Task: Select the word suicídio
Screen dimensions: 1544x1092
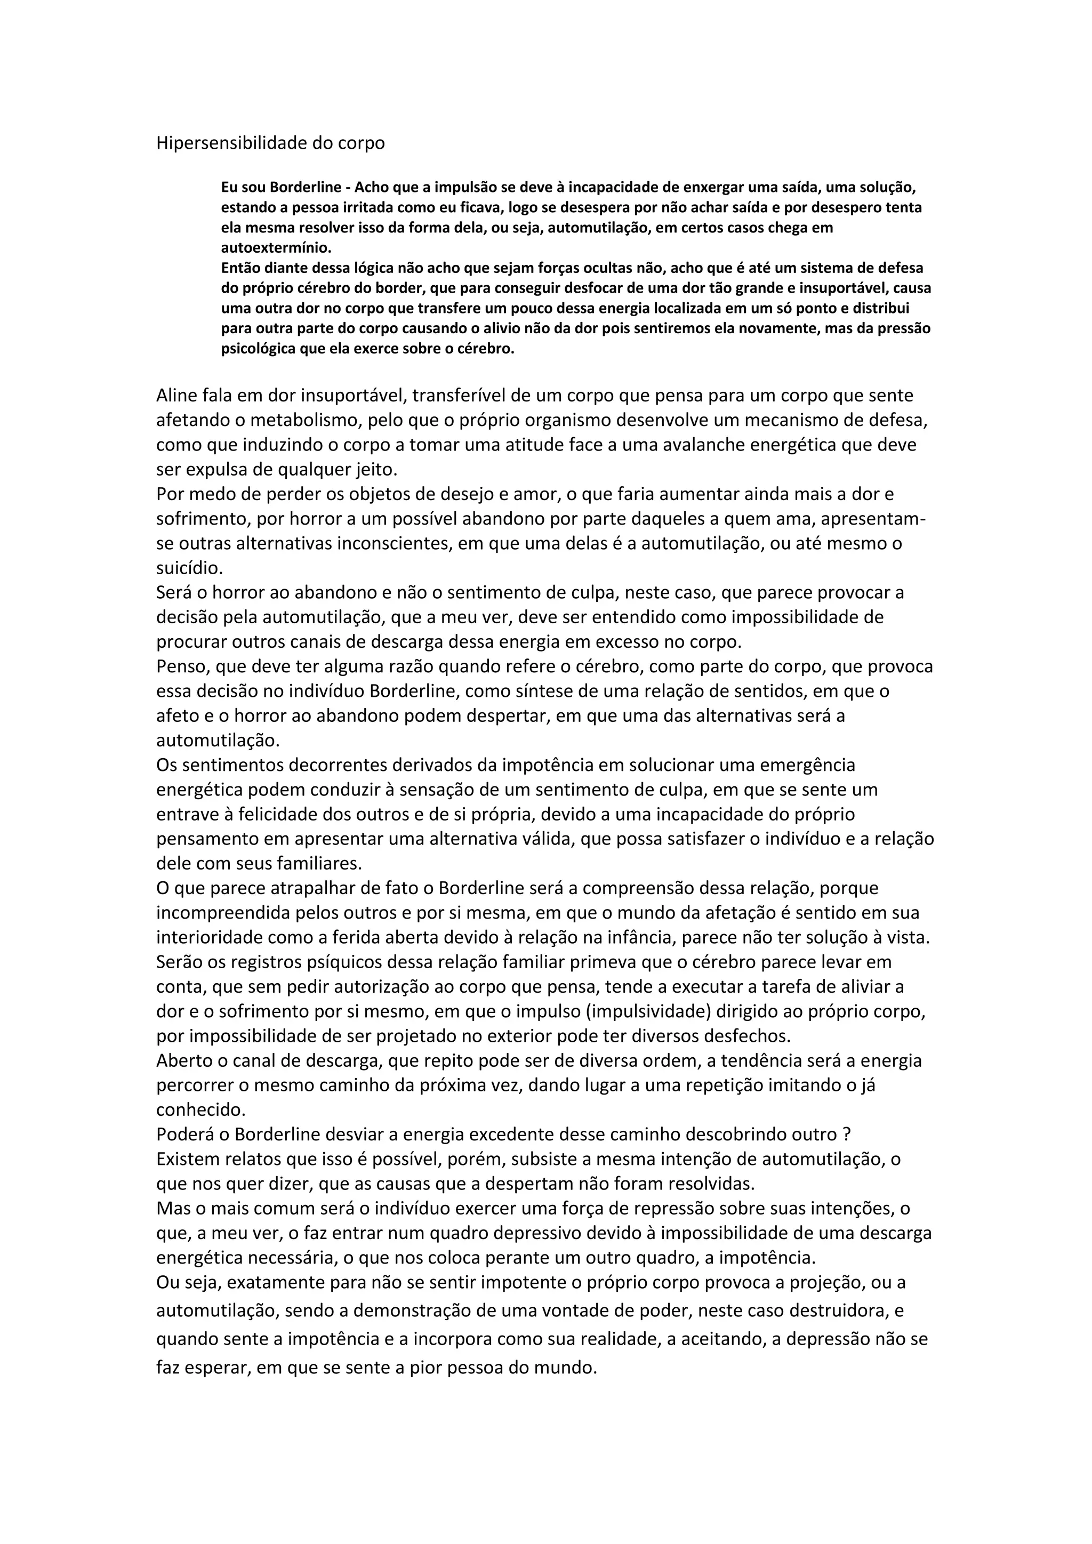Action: pyautogui.click(x=189, y=568)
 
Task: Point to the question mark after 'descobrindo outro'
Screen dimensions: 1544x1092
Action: pyautogui.click(x=847, y=1134)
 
